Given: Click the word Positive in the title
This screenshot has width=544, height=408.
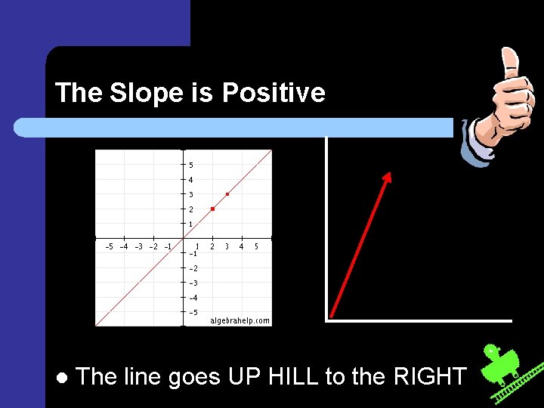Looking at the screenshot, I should pyautogui.click(x=274, y=93).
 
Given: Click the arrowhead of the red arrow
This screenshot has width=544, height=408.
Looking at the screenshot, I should pyautogui.click(x=388, y=178).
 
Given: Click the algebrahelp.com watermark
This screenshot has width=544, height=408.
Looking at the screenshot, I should pyautogui.click(x=240, y=320).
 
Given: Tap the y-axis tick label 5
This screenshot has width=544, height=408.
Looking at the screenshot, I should pyautogui.click(x=191, y=165).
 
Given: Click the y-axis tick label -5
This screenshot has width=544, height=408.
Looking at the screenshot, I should pyautogui.click(x=193, y=311).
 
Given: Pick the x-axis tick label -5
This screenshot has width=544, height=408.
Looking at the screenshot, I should pyautogui.click(x=109, y=246).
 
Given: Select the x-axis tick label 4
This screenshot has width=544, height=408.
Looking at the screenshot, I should pyautogui.click(x=241, y=246).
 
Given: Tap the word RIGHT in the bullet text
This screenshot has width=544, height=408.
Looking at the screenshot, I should pyautogui.click(x=430, y=376).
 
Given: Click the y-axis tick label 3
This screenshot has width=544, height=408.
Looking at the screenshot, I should pyautogui.click(x=191, y=194).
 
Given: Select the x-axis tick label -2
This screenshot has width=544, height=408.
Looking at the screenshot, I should pyautogui.click(x=153, y=246).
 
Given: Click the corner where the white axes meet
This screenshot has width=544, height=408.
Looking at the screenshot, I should pyautogui.click(x=327, y=320).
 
